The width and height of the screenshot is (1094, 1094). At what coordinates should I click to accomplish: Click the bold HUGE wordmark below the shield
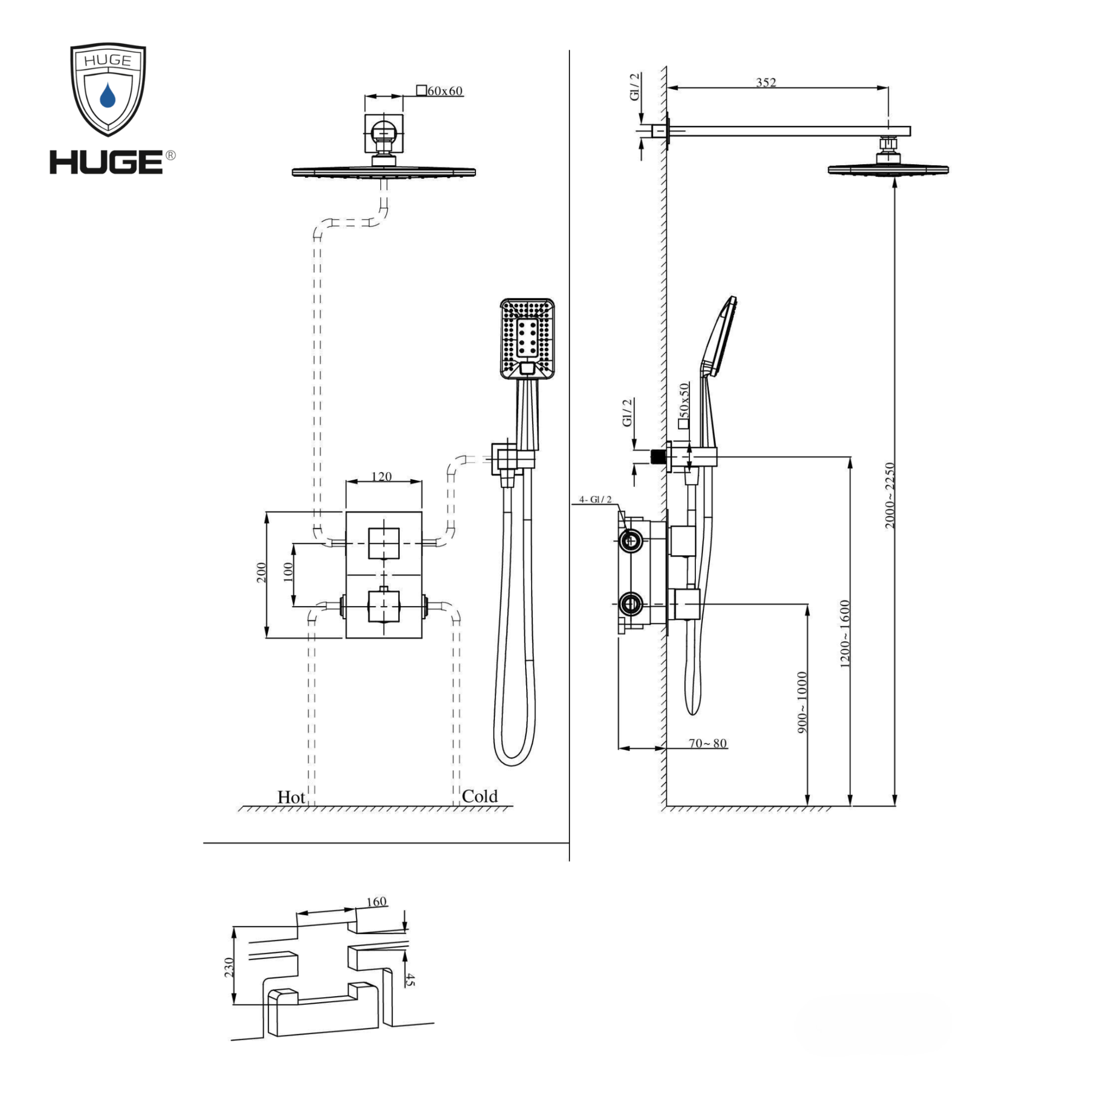coord(107,162)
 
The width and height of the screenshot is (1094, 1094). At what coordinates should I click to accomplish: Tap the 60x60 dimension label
coord(445,91)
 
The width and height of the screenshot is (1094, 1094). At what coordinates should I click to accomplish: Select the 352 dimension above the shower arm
coord(766,82)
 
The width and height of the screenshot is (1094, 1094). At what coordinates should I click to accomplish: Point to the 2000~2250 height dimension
coord(890,496)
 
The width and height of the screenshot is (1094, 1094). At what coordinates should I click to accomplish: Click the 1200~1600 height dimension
coord(845,634)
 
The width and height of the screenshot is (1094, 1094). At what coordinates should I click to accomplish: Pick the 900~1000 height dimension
coord(802,703)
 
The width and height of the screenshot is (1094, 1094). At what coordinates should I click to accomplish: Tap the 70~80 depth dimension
coord(708,743)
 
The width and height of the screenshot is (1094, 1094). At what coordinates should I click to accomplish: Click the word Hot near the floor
coord(291,798)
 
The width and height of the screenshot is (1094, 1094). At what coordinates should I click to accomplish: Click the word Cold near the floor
coord(480,796)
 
